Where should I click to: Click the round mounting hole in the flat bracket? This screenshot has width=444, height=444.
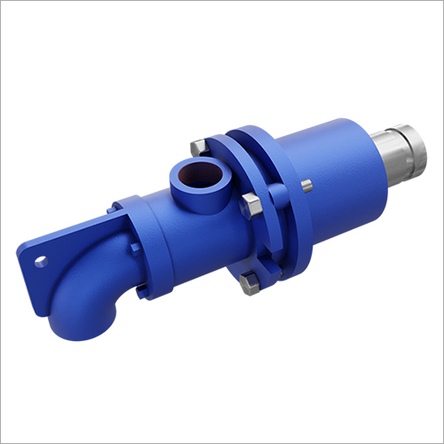point(39,261)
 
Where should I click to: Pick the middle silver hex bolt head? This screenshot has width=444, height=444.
point(251,204)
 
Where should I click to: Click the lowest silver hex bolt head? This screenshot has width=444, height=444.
point(250,283)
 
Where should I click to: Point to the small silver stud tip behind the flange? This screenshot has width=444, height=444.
point(306,186)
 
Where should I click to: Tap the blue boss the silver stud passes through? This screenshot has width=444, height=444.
point(297,191)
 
